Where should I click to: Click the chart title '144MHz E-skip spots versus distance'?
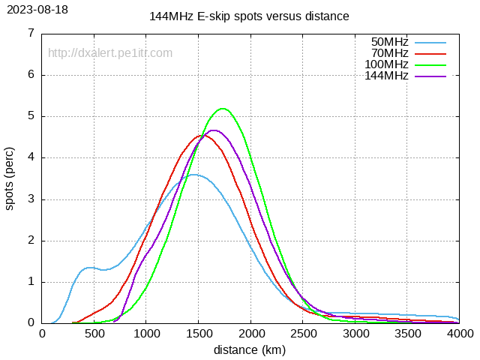[249, 16]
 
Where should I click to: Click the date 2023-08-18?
[37, 10]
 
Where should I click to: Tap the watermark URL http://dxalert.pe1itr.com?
[110, 53]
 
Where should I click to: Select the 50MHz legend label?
[390, 42]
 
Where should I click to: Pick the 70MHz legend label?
[390, 53]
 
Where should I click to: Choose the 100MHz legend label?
[387, 64]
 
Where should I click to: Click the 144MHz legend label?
[387, 76]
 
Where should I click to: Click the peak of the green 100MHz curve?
[223, 109]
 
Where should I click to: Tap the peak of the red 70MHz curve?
[200, 136]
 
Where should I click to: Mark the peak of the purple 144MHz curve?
[214, 130]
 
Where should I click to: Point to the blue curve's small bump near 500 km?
[89, 267]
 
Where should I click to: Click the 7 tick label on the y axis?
[31, 33]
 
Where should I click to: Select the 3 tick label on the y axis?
[31, 199]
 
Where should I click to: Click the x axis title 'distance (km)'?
[250, 349]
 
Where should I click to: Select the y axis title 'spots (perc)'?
[10, 178]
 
